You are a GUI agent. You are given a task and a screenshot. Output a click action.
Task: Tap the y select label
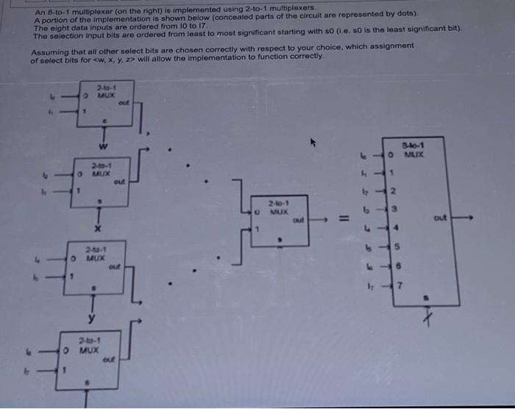92,318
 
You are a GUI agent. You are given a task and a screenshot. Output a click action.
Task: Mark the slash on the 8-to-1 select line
427,319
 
